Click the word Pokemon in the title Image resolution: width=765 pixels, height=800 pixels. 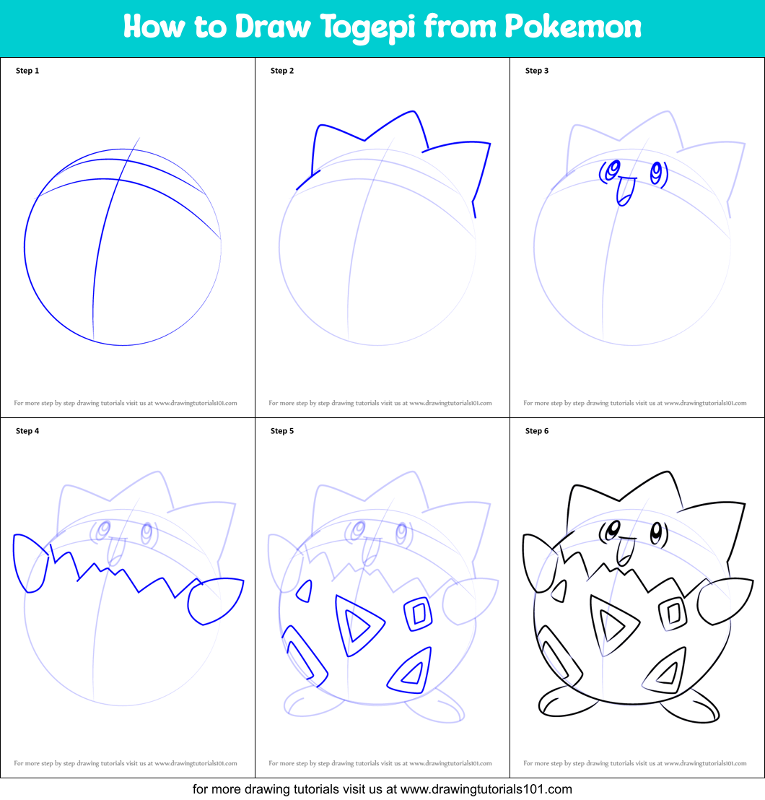click(572, 27)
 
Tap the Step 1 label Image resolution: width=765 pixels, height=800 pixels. click(27, 71)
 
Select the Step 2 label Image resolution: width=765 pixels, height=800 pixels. click(282, 71)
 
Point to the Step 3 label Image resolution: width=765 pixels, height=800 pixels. click(537, 71)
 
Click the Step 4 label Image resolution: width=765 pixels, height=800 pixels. click(27, 431)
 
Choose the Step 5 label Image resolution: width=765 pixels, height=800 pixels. click(282, 431)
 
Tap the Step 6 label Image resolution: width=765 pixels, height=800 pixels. click(537, 431)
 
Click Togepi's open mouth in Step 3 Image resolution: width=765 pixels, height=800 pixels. click(624, 191)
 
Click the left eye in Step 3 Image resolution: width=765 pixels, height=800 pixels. click(613, 170)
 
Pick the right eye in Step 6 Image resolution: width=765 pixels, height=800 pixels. click(656, 535)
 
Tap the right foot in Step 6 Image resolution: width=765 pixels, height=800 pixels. click(691, 706)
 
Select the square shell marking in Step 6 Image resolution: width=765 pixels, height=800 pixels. click(673, 613)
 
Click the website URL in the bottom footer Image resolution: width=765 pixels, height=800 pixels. click(486, 789)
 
